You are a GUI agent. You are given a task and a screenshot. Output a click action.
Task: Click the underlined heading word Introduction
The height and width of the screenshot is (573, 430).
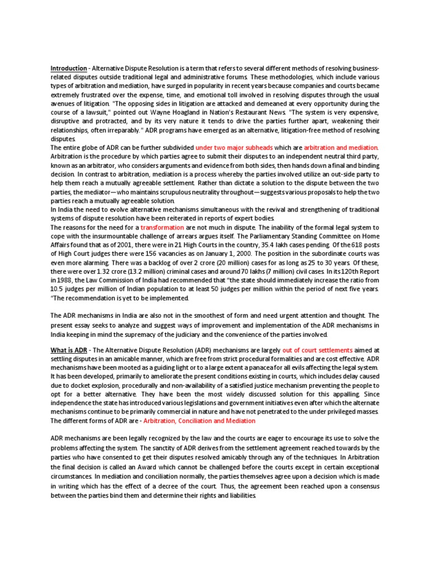(69, 68)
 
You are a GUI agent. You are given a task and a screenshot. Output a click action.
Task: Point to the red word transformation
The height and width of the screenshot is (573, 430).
(162, 227)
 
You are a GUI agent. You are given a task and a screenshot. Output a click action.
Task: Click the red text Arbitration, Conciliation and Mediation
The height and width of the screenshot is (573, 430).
(199, 421)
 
